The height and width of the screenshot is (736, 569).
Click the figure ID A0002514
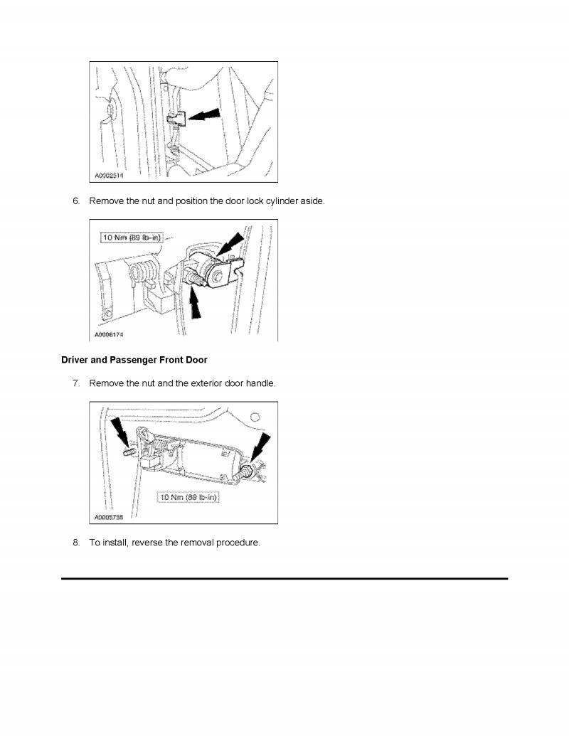tap(108, 175)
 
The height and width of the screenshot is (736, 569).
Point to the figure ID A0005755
tap(108, 518)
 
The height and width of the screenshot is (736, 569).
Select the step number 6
tap(76, 201)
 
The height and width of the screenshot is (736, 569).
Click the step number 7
tap(76, 383)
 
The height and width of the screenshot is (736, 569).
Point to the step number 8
tap(76, 543)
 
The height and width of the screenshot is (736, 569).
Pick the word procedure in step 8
tap(238, 543)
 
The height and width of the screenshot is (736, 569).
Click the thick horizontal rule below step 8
tap(284, 579)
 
